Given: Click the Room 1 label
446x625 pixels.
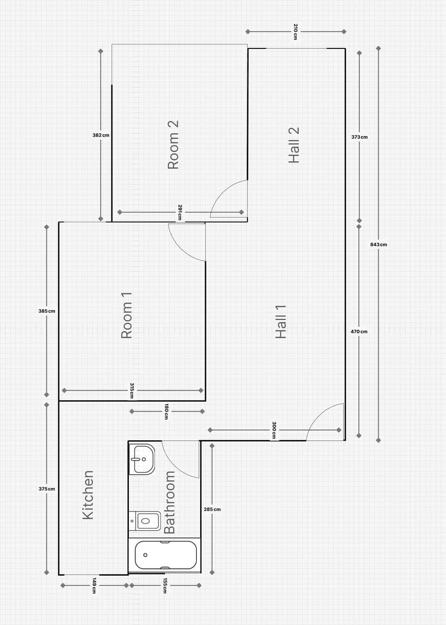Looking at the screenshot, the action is pos(127,315).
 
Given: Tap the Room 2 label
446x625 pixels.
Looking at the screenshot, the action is pos(173,145).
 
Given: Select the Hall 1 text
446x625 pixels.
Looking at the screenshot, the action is pos(281,321).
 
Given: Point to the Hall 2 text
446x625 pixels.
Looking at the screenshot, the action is pos(294,145).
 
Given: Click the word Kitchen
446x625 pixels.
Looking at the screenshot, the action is pos(88,495).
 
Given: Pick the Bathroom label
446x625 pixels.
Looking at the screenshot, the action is pos(169,502).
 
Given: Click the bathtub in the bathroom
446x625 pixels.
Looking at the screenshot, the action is pos(166,555).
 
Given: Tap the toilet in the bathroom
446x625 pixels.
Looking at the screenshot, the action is pos(145,521).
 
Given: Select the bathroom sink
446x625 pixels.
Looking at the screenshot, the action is pos(142,459).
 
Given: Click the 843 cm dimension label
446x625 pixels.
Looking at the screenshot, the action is pos(378,245).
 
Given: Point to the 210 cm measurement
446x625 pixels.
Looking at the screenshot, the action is pos(295,32).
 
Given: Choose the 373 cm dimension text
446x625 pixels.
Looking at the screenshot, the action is pos(360,137).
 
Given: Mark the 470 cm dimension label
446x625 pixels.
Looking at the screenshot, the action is pos(359,331).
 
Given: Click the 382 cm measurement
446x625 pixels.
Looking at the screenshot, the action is pos(100,135).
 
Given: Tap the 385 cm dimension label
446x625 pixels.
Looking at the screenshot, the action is pos(47,311).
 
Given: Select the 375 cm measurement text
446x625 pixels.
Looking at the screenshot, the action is pos(47,489).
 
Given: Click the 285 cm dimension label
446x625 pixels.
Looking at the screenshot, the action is pos(212,509).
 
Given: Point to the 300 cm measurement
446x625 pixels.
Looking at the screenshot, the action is pos(274,430).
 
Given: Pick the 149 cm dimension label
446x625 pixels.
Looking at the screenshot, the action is pos(94,585).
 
